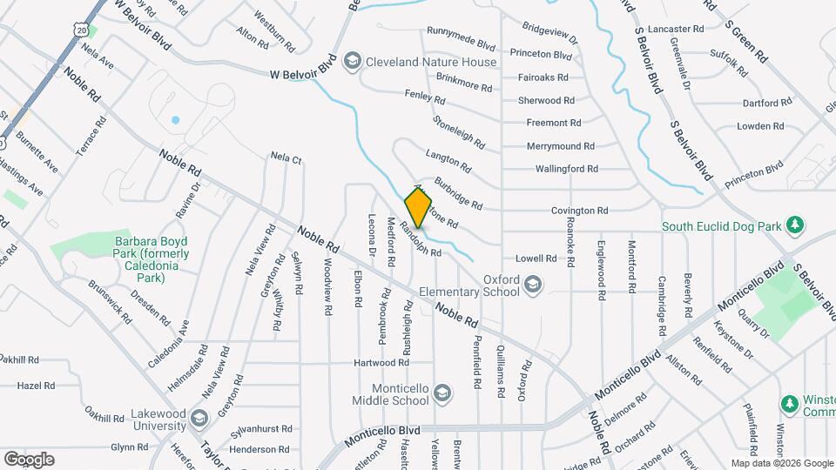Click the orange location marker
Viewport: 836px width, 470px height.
coord(419,206)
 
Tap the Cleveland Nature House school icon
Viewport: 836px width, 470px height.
coord(353,61)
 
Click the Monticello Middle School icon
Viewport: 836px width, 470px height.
coord(442,394)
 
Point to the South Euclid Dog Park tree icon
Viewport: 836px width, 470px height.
coord(793,226)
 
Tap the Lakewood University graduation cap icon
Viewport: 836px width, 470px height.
coord(199,420)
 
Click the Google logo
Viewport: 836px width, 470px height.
coord(29,460)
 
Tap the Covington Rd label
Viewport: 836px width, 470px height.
coord(579,211)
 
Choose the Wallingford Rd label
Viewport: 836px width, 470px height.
coord(566,169)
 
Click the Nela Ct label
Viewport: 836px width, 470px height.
coord(286,158)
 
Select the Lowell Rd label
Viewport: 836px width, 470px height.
coord(536,258)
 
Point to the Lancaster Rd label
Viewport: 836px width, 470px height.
coord(676,29)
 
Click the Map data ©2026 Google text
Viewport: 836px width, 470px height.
coord(780,463)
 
